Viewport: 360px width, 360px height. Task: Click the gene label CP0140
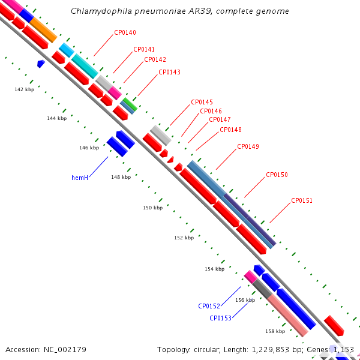(x=125, y=32)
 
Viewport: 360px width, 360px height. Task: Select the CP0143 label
(x=169, y=72)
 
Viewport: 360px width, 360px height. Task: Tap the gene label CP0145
(x=202, y=102)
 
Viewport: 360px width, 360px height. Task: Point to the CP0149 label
(x=248, y=146)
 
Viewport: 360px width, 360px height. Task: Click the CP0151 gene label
(x=302, y=200)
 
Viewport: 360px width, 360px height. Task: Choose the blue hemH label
(x=80, y=178)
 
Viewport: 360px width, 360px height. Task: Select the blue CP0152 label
(x=209, y=306)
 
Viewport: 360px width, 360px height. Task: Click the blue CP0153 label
(x=220, y=318)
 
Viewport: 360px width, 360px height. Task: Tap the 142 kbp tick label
(x=25, y=89)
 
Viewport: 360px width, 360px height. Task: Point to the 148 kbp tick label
(x=121, y=177)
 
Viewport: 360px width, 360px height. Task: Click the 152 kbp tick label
(x=184, y=238)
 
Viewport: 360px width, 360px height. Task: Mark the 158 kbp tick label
(x=275, y=331)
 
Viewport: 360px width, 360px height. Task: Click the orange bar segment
(x=43, y=31)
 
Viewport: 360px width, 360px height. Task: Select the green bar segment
(x=130, y=104)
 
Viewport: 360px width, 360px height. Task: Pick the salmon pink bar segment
(x=288, y=316)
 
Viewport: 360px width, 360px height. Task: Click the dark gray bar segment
(x=262, y=289)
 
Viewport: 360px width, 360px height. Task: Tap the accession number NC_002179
(x=65, y=350)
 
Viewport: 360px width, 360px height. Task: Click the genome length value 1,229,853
(x=270, y=350)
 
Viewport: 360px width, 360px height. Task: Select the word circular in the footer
(x=206, y=350)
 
